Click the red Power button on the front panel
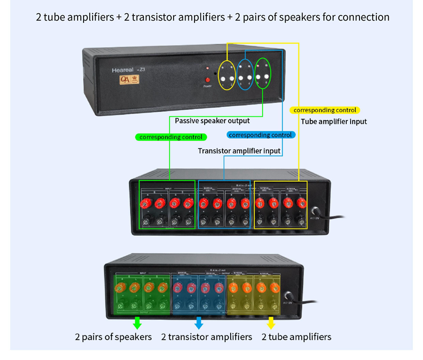coord(207,80)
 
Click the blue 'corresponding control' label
coord(261,135)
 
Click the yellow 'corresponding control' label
coord(325,110)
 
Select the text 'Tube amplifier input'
coord(334,122)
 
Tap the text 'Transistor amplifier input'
coord(239,151)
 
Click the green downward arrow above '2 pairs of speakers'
coord(136,322)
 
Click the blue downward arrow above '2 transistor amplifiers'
coord(199,322)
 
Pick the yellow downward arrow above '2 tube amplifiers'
coord(271,322)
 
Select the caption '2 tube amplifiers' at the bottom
coord(296,337)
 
